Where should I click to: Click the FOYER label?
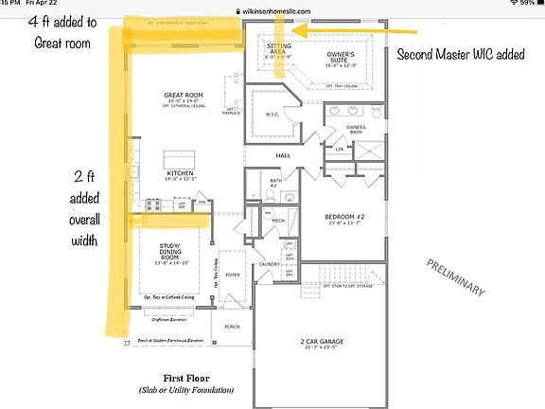pos(232,276)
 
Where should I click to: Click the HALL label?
pos(282,155)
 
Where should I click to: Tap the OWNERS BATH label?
pos(356,128)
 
